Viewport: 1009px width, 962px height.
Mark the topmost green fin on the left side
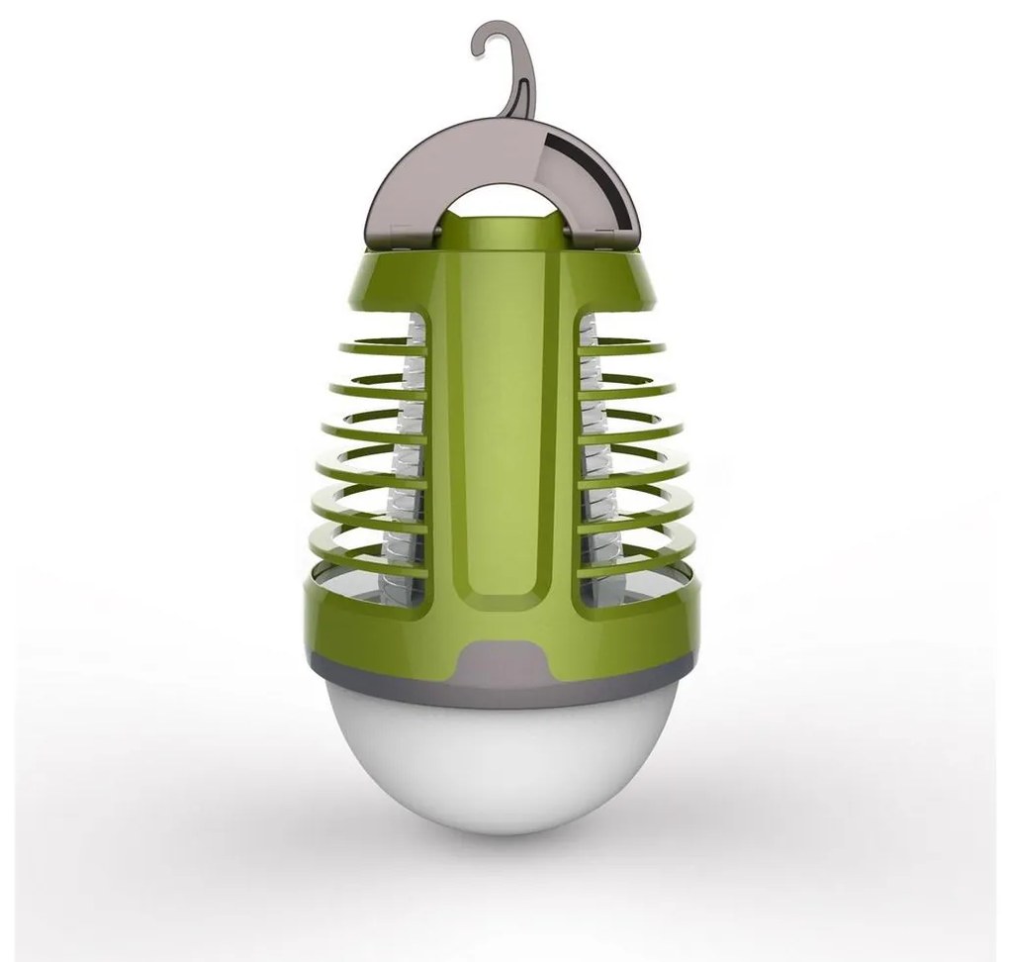[x=376, y=347]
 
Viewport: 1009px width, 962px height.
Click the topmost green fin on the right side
[x=623, y=347]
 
